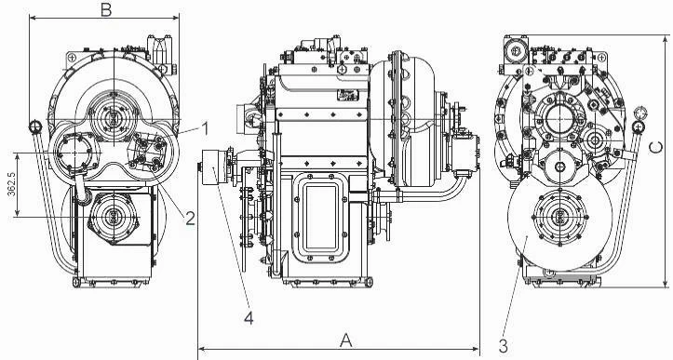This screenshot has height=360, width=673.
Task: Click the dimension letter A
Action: point(346,340)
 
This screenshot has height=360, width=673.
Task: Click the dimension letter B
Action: point(106,10)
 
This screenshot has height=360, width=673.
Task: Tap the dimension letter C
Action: point(655,148)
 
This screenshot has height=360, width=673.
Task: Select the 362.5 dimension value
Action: point(11,184)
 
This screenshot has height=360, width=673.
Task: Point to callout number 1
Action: point(205,128)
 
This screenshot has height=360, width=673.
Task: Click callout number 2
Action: point(191,219)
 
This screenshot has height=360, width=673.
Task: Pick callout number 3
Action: point(504,345)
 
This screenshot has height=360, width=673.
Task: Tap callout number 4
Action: point(249,318)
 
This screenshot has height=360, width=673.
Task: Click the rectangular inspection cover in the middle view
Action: point(320,217)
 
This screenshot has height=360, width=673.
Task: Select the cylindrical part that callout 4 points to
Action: point(215,167)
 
